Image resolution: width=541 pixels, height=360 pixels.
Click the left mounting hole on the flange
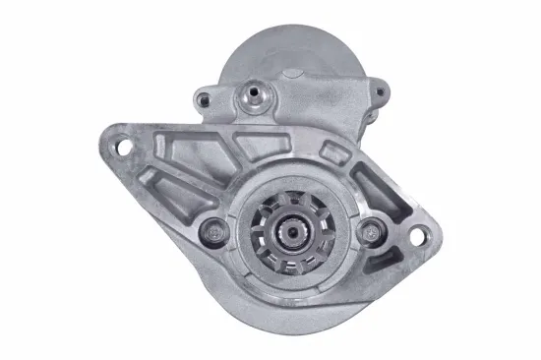(125, 148)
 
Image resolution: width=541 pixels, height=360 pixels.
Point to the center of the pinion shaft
(289, 233)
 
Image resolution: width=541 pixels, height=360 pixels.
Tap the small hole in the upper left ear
(203, 98)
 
